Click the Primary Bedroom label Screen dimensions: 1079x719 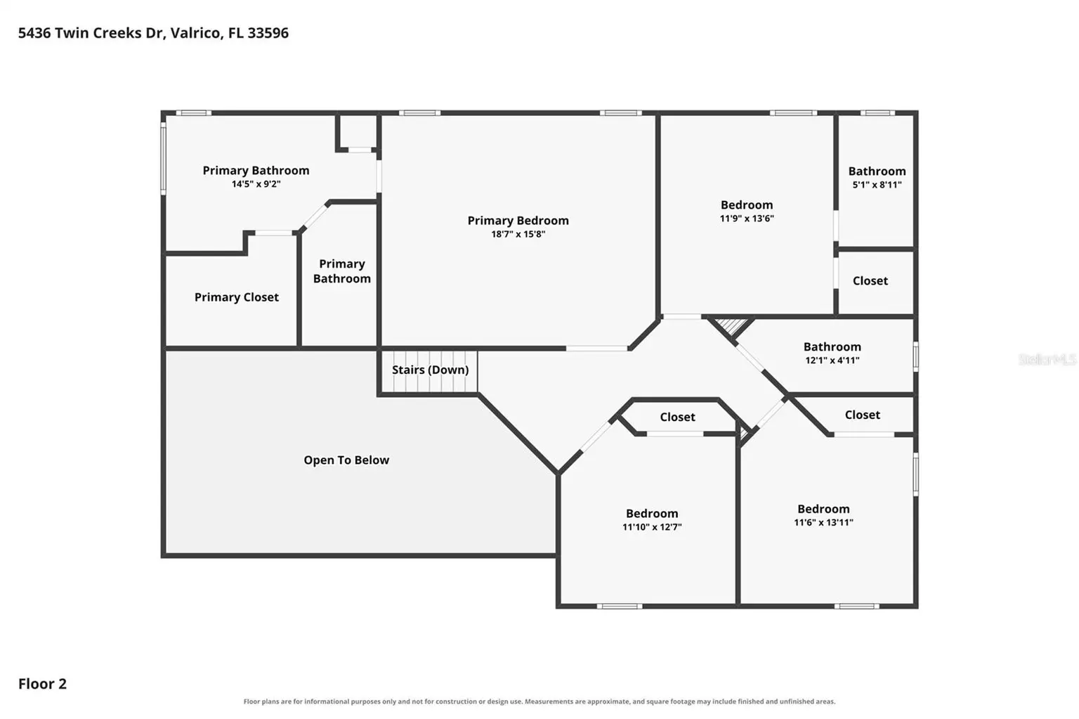[x=518, y=221]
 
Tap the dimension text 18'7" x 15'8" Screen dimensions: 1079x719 [x=518, y=234]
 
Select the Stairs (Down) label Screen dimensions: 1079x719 [x=430, y=370]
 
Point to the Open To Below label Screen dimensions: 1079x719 [x=346, y=460]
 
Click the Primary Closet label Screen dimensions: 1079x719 [x=237, y=297]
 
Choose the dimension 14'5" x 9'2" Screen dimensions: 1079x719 [x=256, y=184]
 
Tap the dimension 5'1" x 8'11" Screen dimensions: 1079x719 [x=877, y=185]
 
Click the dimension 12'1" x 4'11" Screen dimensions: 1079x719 [x=832, y=360]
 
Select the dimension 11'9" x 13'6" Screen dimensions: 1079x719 [x=747, y=219]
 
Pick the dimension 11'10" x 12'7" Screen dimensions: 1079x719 [x=652, y=526]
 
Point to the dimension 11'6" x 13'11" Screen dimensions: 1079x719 [x=824, y=522]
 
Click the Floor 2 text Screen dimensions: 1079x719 [x=42, y=684]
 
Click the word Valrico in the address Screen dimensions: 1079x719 [x=197, y=33]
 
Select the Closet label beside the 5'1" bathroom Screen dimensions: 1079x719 [x=870, y=281]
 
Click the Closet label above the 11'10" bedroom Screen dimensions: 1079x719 [x=677, y=417]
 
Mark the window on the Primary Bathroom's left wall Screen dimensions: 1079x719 [x=163, y=158]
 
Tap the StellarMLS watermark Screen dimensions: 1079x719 [x=1047, y=360]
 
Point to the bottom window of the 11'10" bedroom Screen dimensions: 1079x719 [x=620, y=607]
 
